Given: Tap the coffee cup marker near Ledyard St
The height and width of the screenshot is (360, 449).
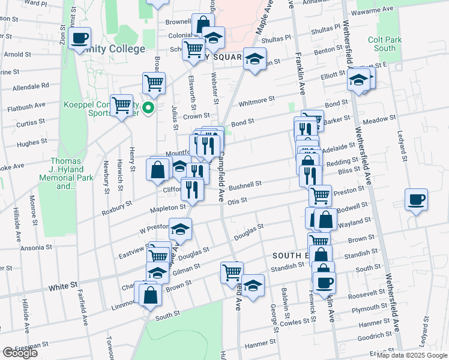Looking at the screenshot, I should pyautogui.click(x=415, y=200).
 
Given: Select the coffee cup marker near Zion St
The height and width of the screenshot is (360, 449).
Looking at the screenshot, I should pyautogui.click(x=79, y=39).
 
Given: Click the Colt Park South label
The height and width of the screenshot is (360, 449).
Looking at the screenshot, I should pyautogui.click(x=382, y=44).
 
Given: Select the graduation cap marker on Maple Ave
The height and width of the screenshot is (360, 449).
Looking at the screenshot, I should pyautogui.click(x=255, y=59).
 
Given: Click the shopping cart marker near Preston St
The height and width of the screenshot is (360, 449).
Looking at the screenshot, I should pyautogui.click(x=320, y=194).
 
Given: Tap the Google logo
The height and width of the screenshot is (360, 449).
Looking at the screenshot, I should pyautogui.click(x=20, y=353).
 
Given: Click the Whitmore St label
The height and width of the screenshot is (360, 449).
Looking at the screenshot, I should pyautogui.click(x=256, y=101).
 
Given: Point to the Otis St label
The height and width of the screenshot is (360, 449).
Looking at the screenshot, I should pyautogui.click(x=238, y=201).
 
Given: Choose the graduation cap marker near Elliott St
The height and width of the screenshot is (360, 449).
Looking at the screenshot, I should pyautogui.click(x=359, y=80).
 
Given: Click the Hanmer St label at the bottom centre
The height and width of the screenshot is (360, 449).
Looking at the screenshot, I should pyautogui.click(x=259, y=344).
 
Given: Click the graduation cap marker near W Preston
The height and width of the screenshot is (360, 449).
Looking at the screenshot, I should pyautogui.click(x=179, y=229).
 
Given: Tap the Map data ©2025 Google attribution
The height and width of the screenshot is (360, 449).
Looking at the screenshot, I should pyautogui.click(x=412, y=355).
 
